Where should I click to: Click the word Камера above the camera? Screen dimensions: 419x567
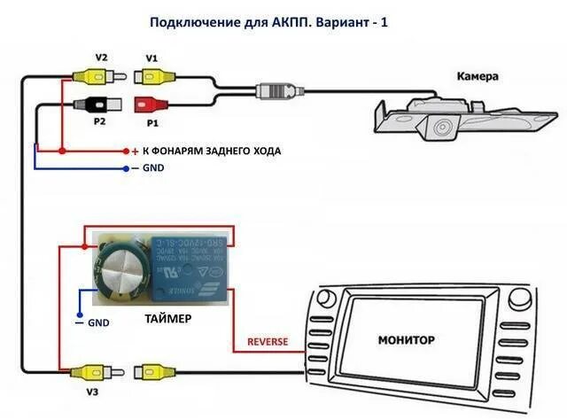[478, 77]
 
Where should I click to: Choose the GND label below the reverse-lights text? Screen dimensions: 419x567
[153, 168]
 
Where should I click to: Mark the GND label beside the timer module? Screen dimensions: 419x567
[98, 323]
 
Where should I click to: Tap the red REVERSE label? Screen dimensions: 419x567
[267, 341]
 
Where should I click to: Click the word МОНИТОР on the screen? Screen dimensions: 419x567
[407, 339]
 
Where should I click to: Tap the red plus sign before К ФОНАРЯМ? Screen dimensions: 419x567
[135, 151]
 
